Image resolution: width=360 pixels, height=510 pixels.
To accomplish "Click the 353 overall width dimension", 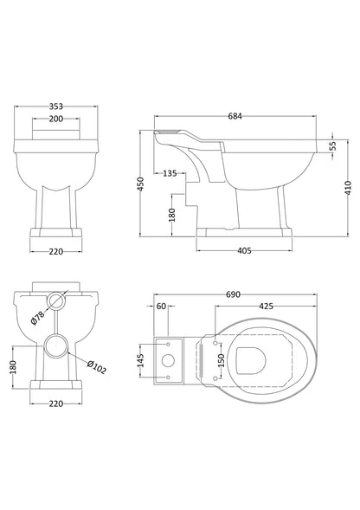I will coord(56,107).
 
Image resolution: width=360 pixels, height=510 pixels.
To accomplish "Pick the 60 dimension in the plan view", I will coord(161,306).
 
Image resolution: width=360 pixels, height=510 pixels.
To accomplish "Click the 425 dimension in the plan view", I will coord(267,306).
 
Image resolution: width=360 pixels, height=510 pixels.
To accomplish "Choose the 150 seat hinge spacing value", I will coord(221,358).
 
